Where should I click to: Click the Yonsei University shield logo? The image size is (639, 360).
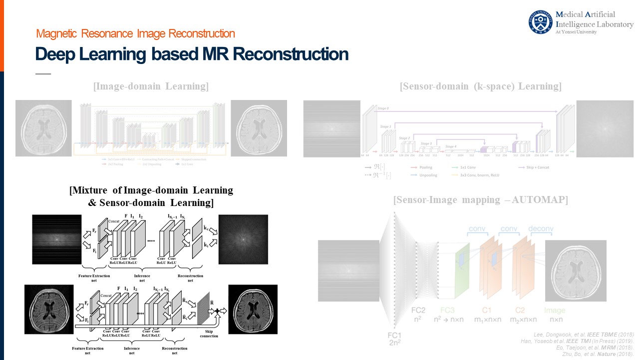pos(541,22)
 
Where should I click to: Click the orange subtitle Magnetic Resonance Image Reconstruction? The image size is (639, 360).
pos(135,34)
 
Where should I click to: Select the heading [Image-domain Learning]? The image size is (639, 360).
pos(150,86)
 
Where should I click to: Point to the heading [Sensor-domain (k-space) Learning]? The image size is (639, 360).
pos(481,86)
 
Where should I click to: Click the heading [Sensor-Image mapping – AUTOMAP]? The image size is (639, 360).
pos(480,200)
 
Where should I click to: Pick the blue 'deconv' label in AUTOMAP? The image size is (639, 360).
pos(541,229)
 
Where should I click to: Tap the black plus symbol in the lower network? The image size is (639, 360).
pos(217,311)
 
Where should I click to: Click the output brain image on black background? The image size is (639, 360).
pos(253,309)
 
